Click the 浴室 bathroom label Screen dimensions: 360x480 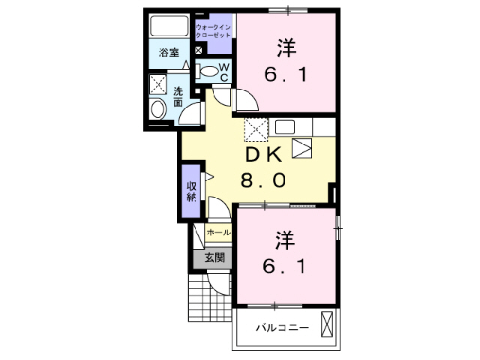(x=169, y=52)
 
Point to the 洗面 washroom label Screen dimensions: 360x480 (x=178, y=97)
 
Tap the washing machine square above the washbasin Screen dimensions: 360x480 (x=158, y=84)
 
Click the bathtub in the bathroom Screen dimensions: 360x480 (x=170, y=26)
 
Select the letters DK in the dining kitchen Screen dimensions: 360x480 (x=262, y=155)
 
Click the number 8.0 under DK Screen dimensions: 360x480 (x=262, y=181)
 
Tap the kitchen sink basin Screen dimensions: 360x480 (x=286, y=126)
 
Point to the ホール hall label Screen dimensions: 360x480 (x=218, y=232)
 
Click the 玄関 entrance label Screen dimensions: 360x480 (x=214, y=257)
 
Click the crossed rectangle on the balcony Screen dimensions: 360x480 (x=327, y=324)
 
